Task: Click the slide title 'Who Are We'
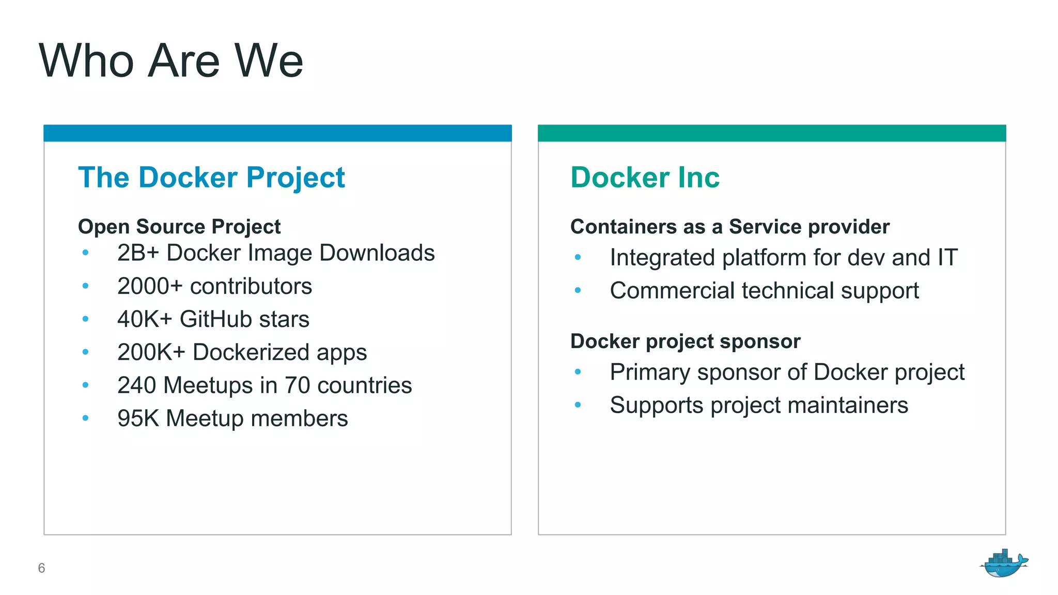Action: pos(170,61)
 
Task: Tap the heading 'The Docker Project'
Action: pos(211,178)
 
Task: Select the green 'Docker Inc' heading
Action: pos(645,178)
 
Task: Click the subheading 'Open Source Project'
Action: pos(179,227)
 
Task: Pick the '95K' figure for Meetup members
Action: pos(138,418)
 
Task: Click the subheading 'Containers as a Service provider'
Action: pos(729,227)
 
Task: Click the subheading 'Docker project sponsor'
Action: pos(685,341)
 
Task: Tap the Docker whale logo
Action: pos(1003,563)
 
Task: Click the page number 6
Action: pos(41,568)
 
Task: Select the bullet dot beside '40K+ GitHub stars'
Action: pos(85,319)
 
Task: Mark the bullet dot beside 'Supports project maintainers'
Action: pos(578,405)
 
